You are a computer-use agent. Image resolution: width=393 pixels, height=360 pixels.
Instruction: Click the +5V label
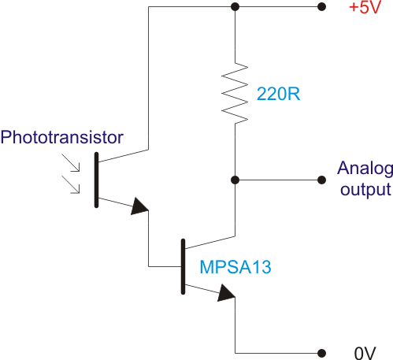coord(365,7)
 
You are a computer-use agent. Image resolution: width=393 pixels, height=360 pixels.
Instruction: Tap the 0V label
coord(365,353)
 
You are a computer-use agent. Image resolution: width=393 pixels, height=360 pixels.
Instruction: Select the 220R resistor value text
coord(278,94)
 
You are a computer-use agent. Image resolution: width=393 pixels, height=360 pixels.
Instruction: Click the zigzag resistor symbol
coord(235,93)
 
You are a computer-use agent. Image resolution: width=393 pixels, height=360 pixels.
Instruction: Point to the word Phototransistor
coord(62,137)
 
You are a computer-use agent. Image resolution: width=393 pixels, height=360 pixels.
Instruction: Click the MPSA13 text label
coord(235,267)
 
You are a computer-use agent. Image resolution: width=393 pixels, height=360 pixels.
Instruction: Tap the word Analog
coord(365,169)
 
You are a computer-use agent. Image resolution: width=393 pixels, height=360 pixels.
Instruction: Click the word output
coord(365,190)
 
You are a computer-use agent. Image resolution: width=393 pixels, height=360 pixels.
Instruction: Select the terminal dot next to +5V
coord(321,7)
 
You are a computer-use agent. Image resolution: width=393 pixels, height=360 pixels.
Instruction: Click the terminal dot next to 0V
coord(321,353)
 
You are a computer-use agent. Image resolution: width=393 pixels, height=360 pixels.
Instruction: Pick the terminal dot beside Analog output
coord(321,180)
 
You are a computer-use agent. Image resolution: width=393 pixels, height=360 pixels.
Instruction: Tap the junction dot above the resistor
coord(235,7)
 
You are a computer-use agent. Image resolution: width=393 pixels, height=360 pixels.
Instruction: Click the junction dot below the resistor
coord(235,180)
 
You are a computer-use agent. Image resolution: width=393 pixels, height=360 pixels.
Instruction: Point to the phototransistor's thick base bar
coord(96,180)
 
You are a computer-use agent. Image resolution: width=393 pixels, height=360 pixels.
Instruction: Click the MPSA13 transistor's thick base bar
coord(183,266)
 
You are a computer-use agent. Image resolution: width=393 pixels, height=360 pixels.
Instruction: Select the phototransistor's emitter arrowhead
coord(139,206)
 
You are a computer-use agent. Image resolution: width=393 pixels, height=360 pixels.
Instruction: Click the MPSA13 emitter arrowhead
coord(226,293)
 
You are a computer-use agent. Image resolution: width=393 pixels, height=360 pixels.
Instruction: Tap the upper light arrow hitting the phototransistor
coord(70,163)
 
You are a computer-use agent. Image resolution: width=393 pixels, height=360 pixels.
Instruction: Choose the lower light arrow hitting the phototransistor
coord(70,184)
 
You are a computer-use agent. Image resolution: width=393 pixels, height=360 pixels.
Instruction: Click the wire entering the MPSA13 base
coord(165,266)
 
